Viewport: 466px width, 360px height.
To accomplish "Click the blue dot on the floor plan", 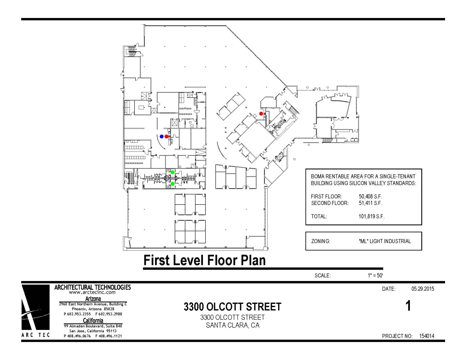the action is [x=162, y=136].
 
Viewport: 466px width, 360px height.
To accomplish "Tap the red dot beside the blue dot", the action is [x=166, y=136].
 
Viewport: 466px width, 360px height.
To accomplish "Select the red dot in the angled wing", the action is [x=261, y=114].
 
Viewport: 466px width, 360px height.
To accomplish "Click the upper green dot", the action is [x=173, y=172].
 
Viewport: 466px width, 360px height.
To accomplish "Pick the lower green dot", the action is [x=173, y=184].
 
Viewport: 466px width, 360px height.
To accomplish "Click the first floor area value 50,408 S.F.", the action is [x=370, y=196].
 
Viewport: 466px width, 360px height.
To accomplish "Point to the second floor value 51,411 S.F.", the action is [x=370, y=203].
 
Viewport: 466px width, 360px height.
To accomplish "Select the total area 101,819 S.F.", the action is [x=371, y=216].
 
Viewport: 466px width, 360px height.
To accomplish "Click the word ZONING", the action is [x=320, y=241].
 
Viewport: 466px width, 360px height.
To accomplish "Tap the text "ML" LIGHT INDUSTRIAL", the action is [x=385, y=241].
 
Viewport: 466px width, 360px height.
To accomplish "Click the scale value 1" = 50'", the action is [x=375, y=275].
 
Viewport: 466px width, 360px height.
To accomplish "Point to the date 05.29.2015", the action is [x=423, y=289].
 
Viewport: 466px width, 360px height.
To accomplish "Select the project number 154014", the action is [x=427, y=336].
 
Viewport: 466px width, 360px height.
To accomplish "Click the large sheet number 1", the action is [x=408, y=306].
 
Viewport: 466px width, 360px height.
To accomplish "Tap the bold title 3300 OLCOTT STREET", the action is [x=232, y=306].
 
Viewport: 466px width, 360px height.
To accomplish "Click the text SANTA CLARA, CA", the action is [x=233, y=325].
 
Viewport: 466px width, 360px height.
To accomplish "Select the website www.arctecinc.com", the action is [x=92, y=292].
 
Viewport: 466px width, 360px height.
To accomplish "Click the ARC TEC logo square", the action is [x=35, y=307].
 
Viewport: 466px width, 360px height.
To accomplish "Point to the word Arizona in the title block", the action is [x=93, y=299].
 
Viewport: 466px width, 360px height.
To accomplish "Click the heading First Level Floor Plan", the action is [x=205, y=260].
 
